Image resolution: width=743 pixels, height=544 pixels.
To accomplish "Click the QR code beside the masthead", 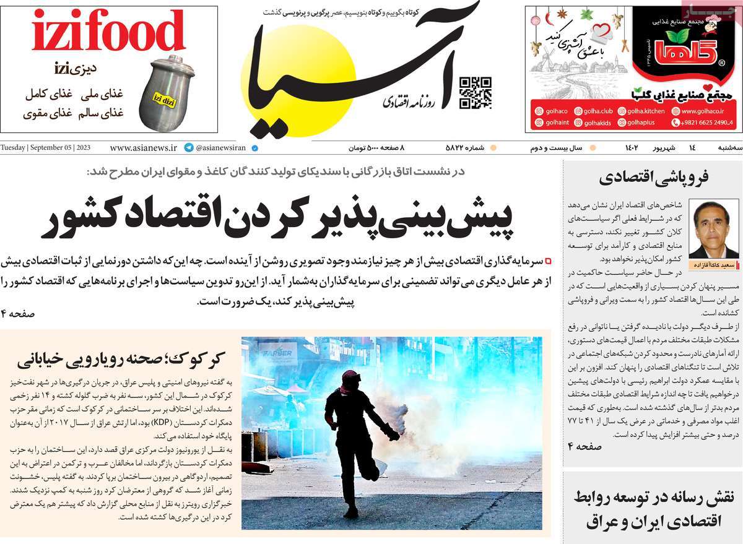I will coord(475,93).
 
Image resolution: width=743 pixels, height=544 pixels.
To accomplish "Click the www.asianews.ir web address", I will coord(143,148).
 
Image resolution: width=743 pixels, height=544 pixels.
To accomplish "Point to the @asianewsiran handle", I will coord(221,148).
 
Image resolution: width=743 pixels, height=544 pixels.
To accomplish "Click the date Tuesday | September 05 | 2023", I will coord(46,148).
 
